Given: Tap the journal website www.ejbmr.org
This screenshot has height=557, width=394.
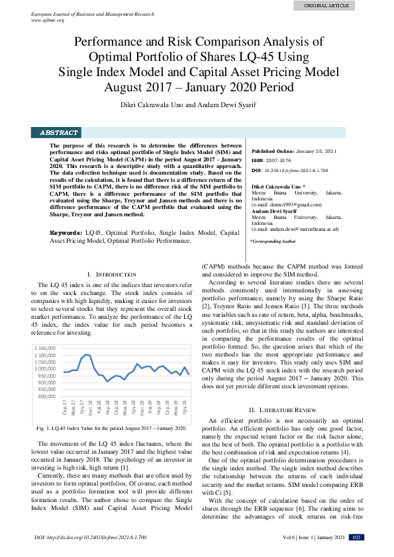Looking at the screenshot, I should (x=48, y=20).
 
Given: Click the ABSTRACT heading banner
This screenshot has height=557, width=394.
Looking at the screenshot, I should (x=59, y=132).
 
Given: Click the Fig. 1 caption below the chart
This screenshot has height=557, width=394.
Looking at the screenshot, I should (x=112, y=428).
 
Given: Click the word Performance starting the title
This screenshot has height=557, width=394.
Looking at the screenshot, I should (x=108, y=42).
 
